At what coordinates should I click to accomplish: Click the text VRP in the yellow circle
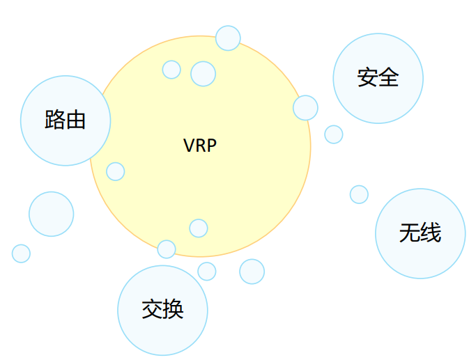point(200,146)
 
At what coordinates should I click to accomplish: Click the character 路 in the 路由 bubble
point(55,120)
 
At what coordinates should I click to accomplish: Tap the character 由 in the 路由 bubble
point(76,120)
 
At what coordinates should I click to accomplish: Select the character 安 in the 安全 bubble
point(367,77)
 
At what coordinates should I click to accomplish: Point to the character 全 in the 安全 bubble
point(389,77)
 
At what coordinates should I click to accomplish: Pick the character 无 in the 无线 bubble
point(410,233)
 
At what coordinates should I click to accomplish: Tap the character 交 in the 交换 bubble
point(152,309)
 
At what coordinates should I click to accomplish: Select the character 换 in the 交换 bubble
point(174,309)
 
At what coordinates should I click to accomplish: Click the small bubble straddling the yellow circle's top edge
point(228,38)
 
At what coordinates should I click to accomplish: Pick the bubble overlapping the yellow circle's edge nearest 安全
point(305,108)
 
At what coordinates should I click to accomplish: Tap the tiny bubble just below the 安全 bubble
point(334,134)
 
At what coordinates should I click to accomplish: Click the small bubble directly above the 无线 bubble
point(359,194)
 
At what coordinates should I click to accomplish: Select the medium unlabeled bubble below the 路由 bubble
point(51,214)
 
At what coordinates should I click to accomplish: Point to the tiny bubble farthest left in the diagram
point(22,253)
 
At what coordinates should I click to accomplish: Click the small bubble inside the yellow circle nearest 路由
point(116,171)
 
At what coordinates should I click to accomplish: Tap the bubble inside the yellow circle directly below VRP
point(199,228)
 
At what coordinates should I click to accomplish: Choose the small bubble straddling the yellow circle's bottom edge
point(167,249)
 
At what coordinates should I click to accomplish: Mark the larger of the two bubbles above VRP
point(203,73)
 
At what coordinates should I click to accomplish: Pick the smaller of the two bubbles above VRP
point(171,70)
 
